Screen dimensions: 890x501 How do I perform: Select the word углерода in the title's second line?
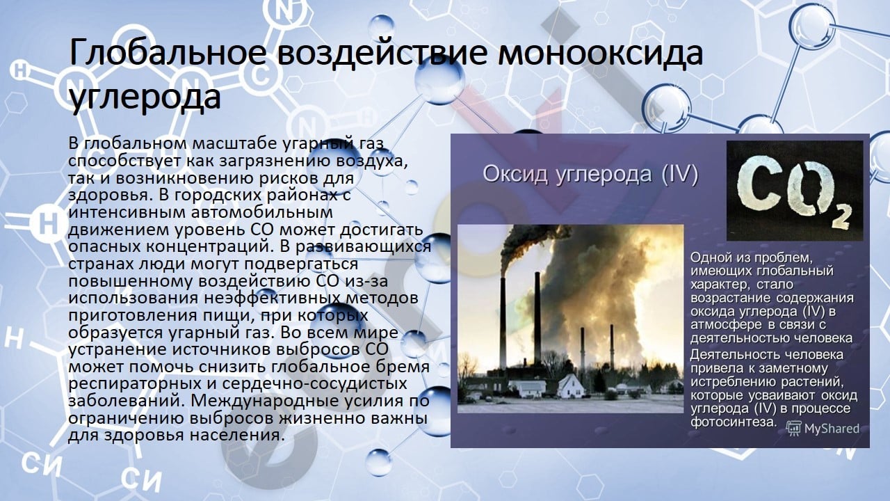[x=145, y=97]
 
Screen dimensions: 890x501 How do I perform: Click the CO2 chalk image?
[x=795, y=191]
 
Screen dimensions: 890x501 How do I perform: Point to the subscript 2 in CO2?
[x=840, y=217]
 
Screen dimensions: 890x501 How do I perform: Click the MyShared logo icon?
[x=793, y=429]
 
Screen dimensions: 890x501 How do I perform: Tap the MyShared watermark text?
[x=832, y=429]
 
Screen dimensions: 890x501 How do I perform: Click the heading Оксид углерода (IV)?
[x=590, y=175]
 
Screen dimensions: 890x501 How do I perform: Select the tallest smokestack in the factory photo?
[x=537, y=318]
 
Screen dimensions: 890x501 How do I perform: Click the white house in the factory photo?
[x=571, y=385]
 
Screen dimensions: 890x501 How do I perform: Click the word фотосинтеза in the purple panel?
[x=734, y=422]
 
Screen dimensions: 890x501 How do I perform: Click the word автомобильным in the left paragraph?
[x=262, y=212]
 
